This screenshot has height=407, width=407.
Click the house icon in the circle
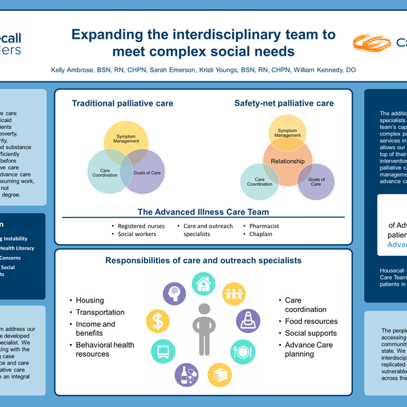click(x=202, y=284)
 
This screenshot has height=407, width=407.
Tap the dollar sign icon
click(x=159, y=319)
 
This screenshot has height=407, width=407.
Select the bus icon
click(x=163, y=351)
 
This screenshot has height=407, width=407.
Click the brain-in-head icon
click(x=174, y=294)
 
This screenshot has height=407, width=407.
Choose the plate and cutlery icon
click(x=243, y=351)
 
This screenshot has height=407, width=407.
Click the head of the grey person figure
click(x=202, y=309)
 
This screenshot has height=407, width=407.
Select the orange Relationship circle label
click(x=288, y=162)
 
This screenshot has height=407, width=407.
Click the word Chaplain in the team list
click(x=260, y=234)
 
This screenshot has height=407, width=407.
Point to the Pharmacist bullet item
click(x=264, y=225)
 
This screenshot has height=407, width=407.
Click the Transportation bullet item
click(x=100, y=313)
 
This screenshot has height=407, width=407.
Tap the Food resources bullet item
click(x=311, y=322)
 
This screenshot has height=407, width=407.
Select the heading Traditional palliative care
click(x=123, y=104)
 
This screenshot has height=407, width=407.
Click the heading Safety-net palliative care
click(x=284, y=104)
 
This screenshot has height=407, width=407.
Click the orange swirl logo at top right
click(x=372, y=43)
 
